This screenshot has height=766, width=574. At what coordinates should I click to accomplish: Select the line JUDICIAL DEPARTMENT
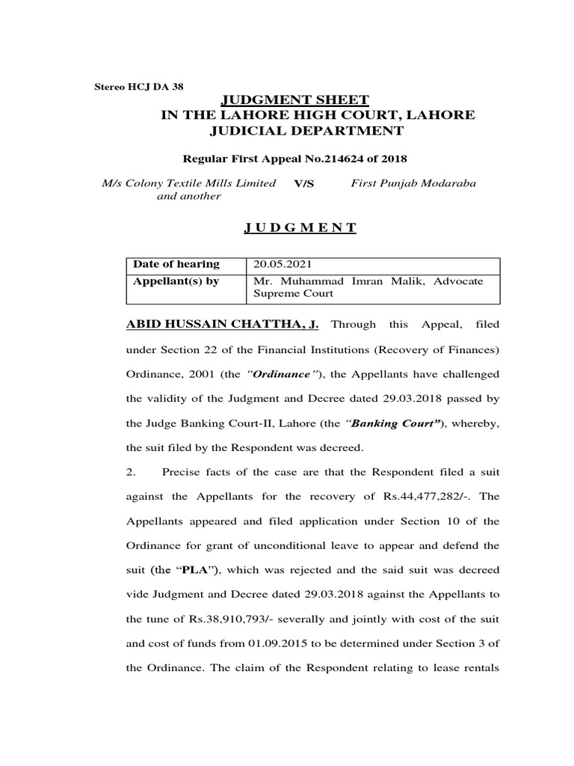point(309,131)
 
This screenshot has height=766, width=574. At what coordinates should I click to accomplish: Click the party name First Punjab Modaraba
point(413,183)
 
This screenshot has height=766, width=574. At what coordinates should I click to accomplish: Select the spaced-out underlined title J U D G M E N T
point(299,227)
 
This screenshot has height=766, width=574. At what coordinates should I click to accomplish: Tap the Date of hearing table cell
point(176,264)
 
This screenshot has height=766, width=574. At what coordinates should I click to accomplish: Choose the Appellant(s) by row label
point(176,281)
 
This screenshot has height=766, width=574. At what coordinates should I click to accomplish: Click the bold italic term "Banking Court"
point(390,423)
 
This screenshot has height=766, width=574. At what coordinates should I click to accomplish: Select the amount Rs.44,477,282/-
point(428,497)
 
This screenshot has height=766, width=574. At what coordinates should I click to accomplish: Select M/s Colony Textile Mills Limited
point(189,183)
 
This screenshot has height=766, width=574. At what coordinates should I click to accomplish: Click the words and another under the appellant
point(188,196)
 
